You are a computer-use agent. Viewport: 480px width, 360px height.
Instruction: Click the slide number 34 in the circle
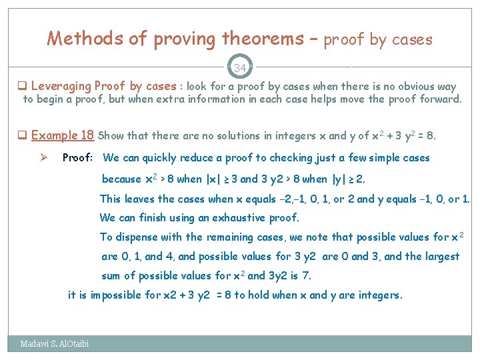[x=239, y=67]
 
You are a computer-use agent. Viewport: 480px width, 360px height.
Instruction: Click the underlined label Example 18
[x=63, y=135]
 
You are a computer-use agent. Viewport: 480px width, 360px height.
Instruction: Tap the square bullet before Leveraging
[x=22, y=87]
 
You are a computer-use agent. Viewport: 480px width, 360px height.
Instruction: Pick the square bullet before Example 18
[x=22, y=136]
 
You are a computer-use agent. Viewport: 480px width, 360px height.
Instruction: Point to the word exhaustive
[x=243, y=218]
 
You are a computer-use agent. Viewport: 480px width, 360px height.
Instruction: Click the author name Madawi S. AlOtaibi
[x=54, y=344]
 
